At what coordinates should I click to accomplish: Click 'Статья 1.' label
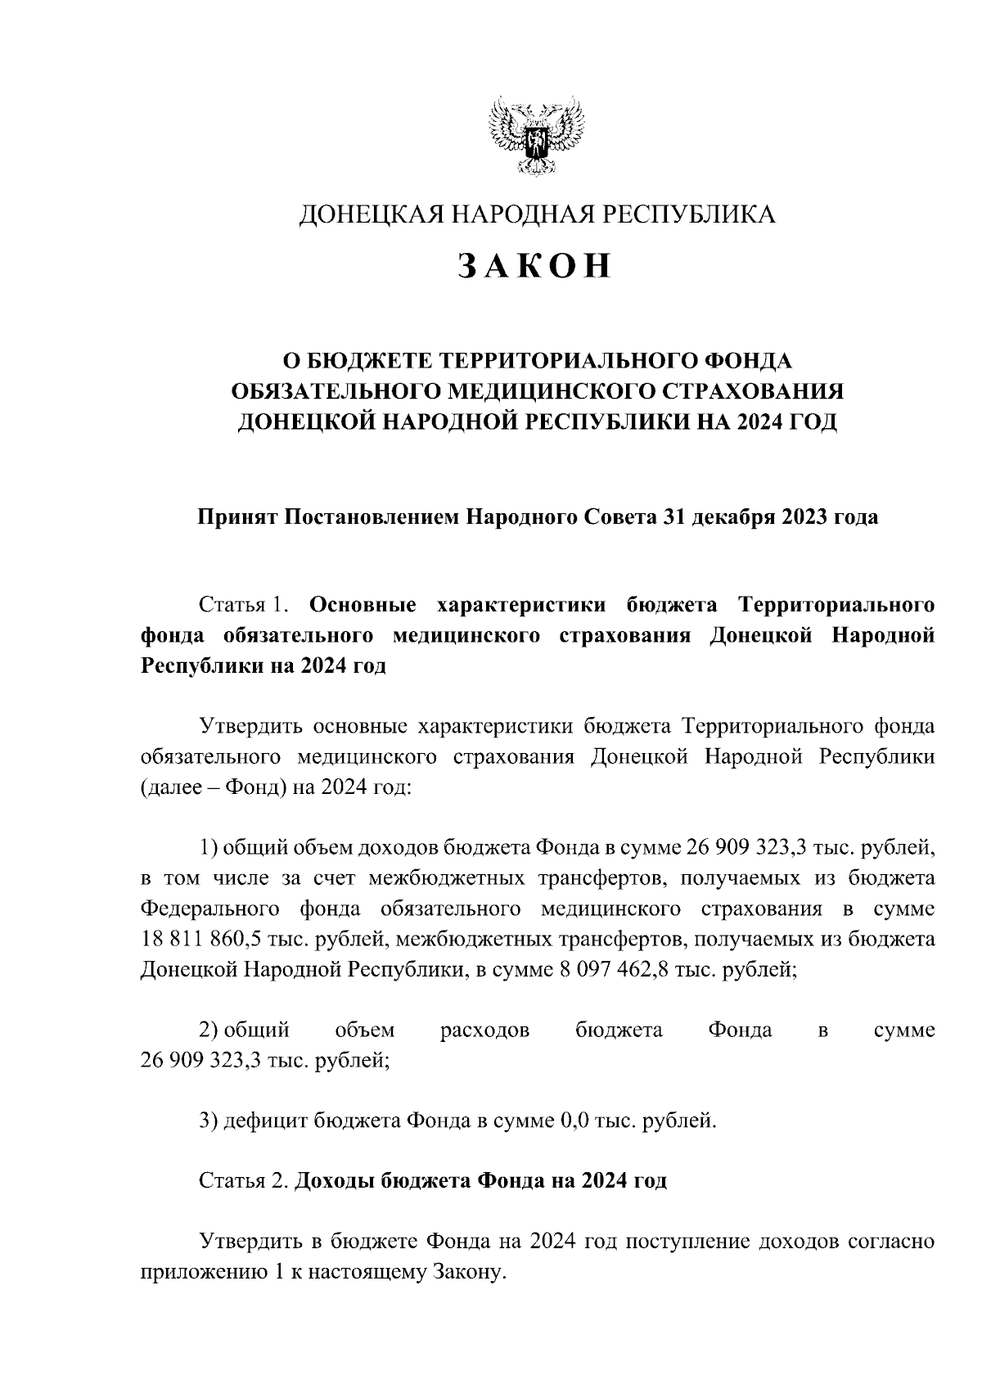[245, 605]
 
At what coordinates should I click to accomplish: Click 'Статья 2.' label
[242, 1181]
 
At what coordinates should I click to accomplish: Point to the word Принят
[237, 517]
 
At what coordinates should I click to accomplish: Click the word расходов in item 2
[484, 1030]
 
